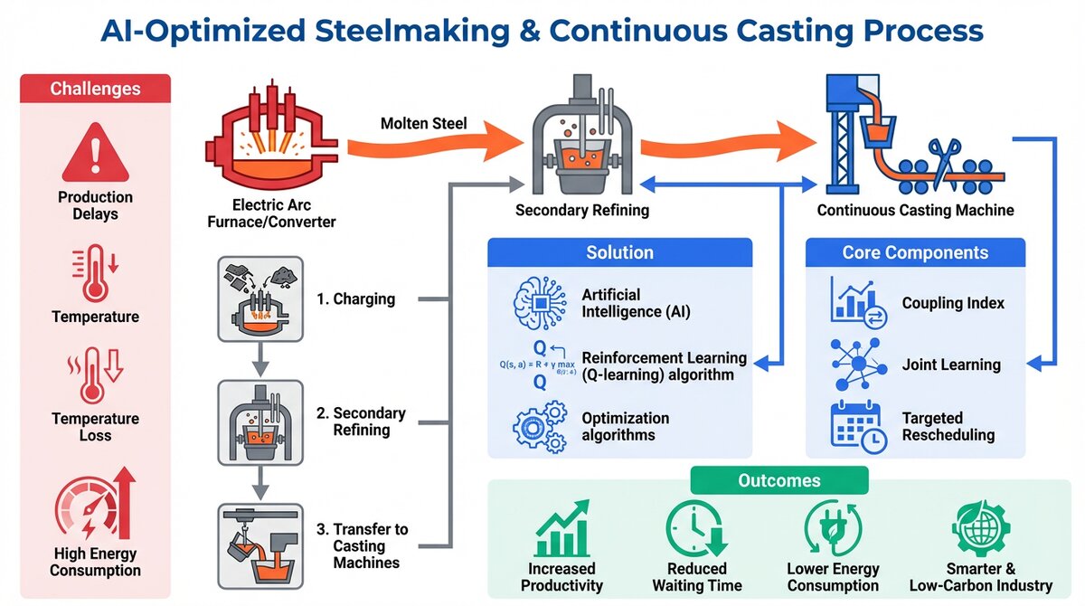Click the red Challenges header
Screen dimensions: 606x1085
click(95, 89)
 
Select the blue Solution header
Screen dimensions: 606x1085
click(619, 252)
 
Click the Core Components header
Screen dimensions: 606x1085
click(915, 252)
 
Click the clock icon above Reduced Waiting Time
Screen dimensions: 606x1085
click(695, 528)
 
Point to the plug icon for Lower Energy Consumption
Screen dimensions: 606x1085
click(833, 528)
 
